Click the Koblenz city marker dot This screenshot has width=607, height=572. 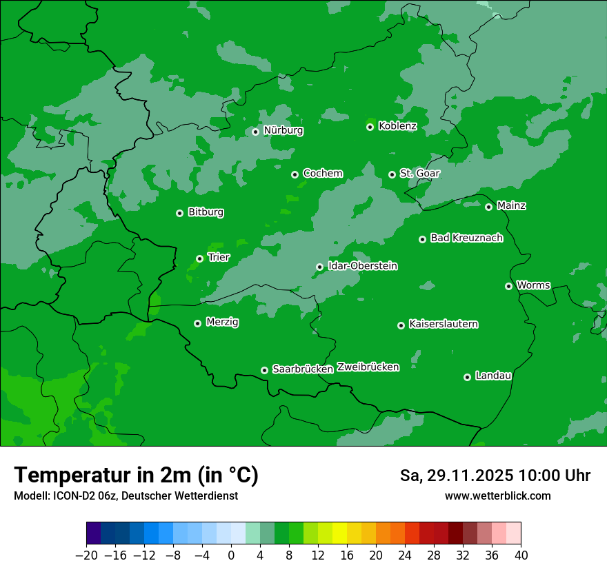pos(370,127)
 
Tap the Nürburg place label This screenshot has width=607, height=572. pos(283,130)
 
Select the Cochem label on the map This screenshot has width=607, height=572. pos(323,173)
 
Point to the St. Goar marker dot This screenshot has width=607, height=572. pos(392,174)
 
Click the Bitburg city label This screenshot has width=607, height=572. pos(206,212)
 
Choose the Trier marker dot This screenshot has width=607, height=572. pos(200,259)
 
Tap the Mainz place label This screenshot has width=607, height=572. pos(511,205)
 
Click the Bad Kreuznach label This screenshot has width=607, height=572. pos(466,238)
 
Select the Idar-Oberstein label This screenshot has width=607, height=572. pos(363,266)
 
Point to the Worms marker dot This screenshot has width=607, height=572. pos(509,286)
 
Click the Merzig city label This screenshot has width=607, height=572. pos(223,322)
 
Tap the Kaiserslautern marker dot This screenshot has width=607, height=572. pos(401,325)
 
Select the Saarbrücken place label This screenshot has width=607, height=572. pos(303,369)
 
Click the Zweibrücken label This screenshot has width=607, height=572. pos(368,367)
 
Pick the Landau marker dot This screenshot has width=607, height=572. pos(468,377)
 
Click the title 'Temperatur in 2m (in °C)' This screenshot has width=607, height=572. pos(136,475)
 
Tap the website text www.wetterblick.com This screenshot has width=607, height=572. pos(498,496)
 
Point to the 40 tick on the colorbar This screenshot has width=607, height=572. pos(521,555)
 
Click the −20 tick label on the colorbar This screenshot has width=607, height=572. pos(86,555)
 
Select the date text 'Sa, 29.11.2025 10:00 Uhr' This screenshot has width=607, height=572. pos(495,476)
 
